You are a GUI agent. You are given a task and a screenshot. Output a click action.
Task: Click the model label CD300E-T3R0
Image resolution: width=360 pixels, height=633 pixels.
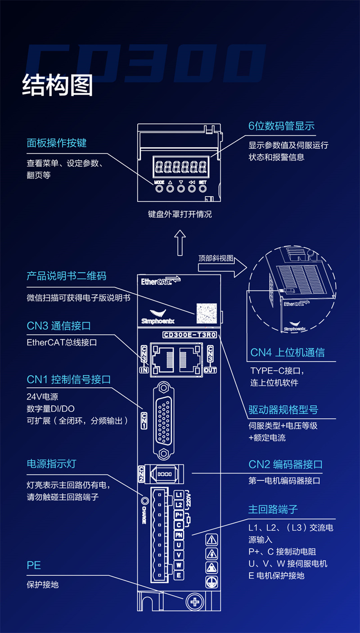189,335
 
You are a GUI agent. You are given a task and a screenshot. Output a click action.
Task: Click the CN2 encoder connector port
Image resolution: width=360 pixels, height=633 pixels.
166,474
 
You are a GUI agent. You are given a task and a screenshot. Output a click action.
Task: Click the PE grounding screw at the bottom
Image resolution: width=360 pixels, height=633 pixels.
194,602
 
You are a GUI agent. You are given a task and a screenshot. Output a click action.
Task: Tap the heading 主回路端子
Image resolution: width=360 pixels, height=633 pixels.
273,509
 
